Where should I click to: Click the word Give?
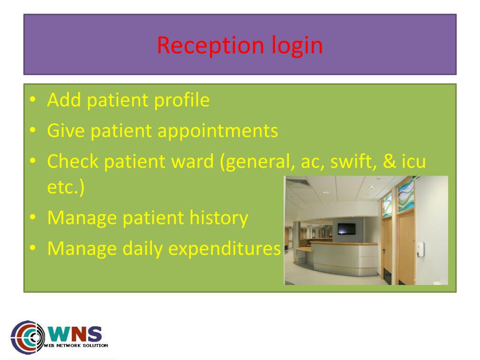click(x=66, y=131)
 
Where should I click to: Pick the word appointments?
click(x=217, y=131)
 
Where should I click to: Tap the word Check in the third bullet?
click(x=73, y=162)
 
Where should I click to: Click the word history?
click(x=218, y=218)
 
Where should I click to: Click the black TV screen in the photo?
click(x=346, y=229)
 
